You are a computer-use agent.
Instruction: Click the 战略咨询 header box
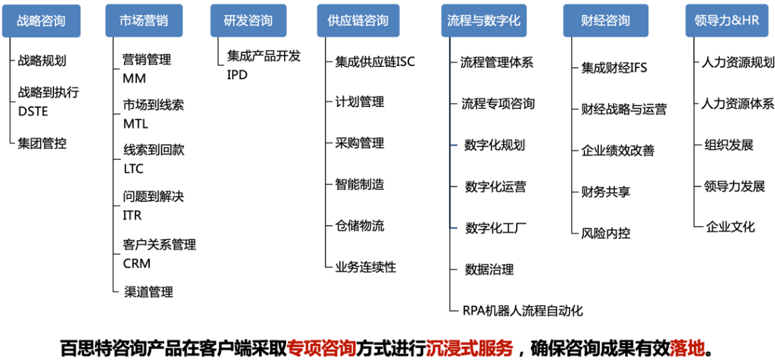coord(41,21)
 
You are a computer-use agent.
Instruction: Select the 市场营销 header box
coord(143,21)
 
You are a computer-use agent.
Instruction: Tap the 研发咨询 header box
coord(248,21)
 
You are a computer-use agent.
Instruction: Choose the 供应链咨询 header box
coord(358,21)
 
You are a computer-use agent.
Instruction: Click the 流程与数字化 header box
coord(484,21)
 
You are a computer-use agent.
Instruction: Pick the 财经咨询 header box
coord(605,21)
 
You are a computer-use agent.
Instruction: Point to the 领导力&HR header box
coord(727,21)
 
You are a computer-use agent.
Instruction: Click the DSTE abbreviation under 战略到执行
coord(33,111)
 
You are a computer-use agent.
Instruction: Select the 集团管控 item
coord(42,143)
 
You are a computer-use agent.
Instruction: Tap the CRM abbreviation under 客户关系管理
coord(137,264)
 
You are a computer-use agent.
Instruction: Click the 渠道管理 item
coord(148,292)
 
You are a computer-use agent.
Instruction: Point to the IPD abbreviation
coord(237,75)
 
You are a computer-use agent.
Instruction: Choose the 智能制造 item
coord(359,184)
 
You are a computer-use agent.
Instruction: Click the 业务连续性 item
coord(365,267)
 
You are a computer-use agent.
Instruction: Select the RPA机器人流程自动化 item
coord(522,311)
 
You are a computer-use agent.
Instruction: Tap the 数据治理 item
coord(489,269)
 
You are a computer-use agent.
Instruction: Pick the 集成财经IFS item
coord(614,68)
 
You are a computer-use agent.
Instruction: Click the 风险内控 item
coord(605,233)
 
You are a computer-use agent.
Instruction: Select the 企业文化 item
coord(730,226)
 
